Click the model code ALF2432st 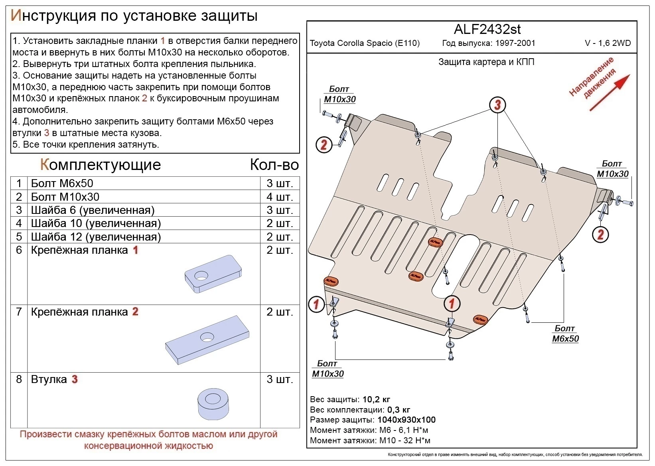pyautogui.click(x=487, y=29)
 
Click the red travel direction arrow pyautogui.click(x=609, y=93)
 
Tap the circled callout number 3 pyautogui.click(x=497, y=105)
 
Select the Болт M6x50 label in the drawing pyautogui.click(x=565, y=334)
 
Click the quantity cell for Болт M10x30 pyautogui.click(x=280, y=197)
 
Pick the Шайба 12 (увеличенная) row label pyautogui.click(x=96, y=237)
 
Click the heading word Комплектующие pyautogui.click(x=101, y=164)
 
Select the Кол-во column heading pyautogui.click(x=274, y=164)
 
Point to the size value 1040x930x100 pyautogui.click(x=406, y=420)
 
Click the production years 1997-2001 pyautogui.click(x=515, y=43)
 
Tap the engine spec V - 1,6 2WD pyautogui.click(x=608, y=43)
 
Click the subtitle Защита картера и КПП pyautogui.click(x=486, y=62)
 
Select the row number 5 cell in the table pyautogui.click(x=19, y=237)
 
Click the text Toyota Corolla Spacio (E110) pyautogui.click(x=365, y=43)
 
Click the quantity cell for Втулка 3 pyautogui.click(x=280, y=379)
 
